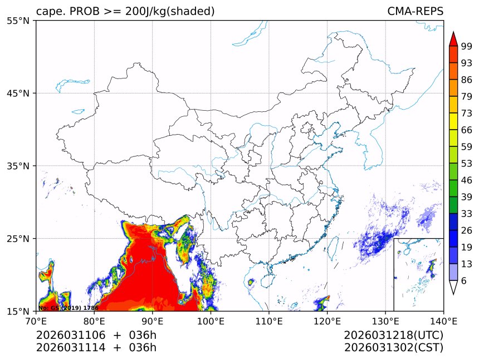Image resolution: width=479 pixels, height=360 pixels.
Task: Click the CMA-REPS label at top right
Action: coord(415,12)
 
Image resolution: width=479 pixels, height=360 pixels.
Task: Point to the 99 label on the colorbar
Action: coord(467,46)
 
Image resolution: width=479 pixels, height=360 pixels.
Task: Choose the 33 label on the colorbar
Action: coord(467,214)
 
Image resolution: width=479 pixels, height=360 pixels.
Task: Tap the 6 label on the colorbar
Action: coord(464,281)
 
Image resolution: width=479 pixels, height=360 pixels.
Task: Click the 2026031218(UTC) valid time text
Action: coord(393,335)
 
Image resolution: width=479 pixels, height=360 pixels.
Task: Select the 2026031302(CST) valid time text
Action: coord(393,348)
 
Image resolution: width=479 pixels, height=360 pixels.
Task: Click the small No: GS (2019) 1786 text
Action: coord(68,308)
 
